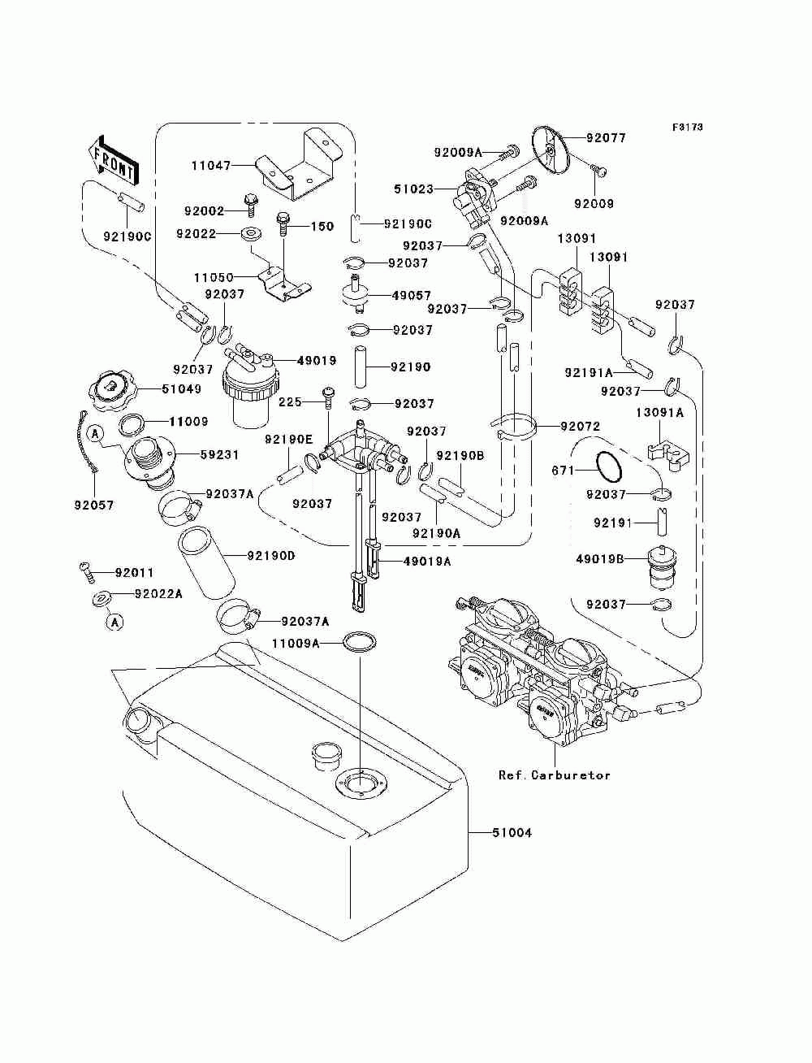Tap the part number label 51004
point(512,832)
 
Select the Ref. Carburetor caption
point(554,775)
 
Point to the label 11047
point(211,166)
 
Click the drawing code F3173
point(688,128)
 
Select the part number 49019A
point(427,562)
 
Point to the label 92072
point(581,426)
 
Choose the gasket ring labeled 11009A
point(359,643)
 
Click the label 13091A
point(659,413)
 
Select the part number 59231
point(220,454)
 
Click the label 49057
point(412,295)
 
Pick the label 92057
point(94,505)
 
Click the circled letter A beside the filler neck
point(95,434)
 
